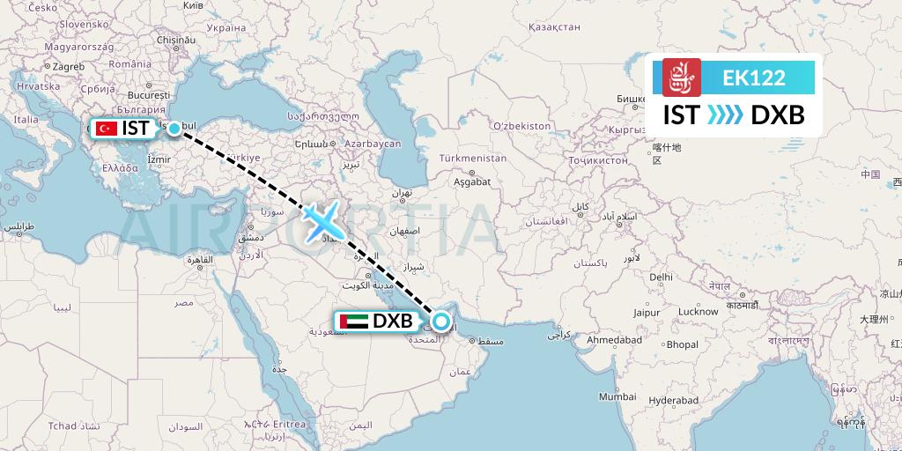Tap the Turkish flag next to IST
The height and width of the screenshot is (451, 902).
pos(107,129)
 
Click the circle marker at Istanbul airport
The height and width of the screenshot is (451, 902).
pos(174,129)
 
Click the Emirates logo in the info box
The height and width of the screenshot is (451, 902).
pos(681,78)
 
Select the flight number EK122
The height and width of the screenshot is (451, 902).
pos(753,78)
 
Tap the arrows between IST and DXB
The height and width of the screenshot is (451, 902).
pos(726,115)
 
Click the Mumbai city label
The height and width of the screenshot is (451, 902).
pos(617,396)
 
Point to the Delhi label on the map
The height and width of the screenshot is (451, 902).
pos(661,277)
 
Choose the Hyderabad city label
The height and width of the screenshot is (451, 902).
pos(674,400)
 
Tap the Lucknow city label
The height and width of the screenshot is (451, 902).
pos(699,311)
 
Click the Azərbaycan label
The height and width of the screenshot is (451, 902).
pos(373,143)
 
